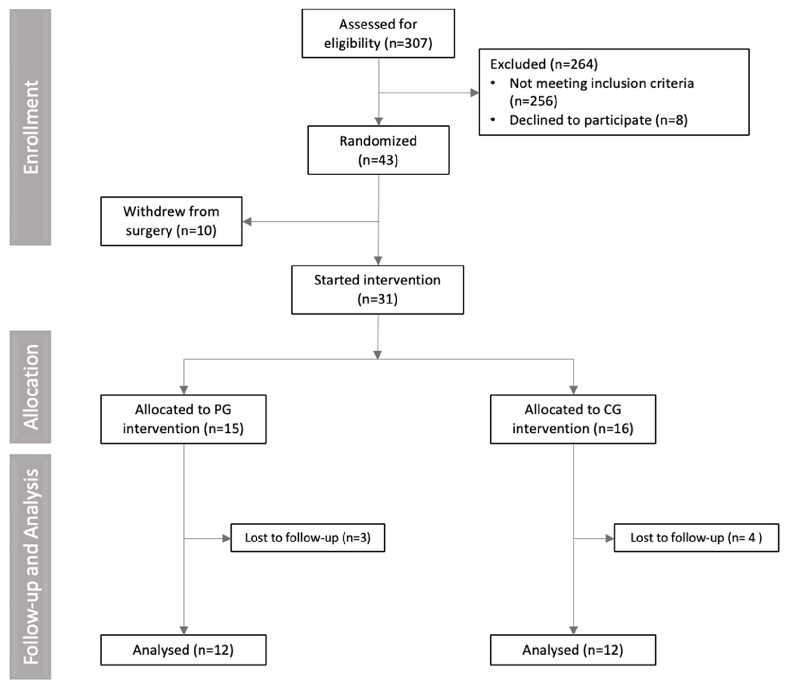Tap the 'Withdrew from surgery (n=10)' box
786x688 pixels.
(171, 221)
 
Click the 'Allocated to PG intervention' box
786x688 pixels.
(183, 419)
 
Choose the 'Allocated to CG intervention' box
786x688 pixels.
(573, 419)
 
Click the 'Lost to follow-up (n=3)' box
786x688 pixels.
(308, 538)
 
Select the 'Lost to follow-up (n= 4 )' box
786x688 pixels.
(696, 538)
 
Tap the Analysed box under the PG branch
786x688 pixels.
(183, 650)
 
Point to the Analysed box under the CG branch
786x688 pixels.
(573, 650)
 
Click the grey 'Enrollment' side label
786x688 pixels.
(30, 127)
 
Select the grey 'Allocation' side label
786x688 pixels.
(30, 387)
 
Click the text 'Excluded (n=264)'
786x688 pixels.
(544, 64)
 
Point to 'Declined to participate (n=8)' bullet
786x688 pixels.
(598, 120)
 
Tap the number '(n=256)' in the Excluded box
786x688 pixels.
(533, 101)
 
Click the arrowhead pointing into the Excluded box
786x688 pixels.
(475, 92)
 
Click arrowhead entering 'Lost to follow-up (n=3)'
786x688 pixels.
(226, 538)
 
